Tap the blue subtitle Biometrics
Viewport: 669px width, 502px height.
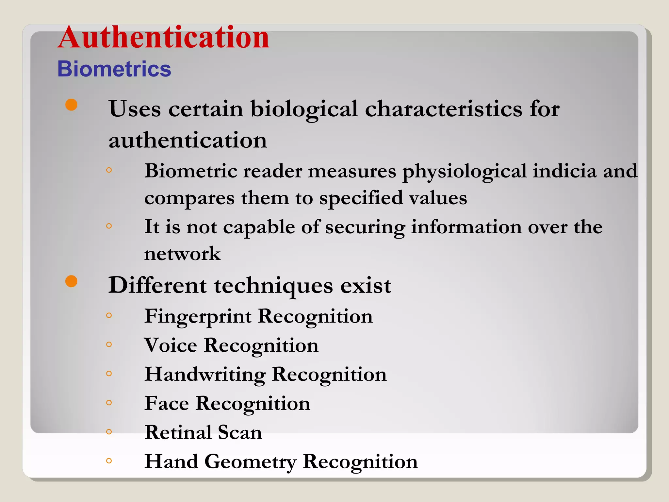114,69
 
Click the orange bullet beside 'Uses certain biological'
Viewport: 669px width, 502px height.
71,105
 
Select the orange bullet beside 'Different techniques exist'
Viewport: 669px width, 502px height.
71,281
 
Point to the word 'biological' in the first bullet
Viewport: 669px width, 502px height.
304,109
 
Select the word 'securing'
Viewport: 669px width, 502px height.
365,227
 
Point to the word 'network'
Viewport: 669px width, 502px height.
182,254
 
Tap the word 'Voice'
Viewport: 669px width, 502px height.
171,345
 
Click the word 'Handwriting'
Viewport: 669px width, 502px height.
205,375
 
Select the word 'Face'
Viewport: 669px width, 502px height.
167,403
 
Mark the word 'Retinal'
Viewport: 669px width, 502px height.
178,432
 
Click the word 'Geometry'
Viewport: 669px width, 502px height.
250,462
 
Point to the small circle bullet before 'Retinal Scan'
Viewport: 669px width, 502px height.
109,432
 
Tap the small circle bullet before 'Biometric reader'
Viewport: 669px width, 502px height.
109,170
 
